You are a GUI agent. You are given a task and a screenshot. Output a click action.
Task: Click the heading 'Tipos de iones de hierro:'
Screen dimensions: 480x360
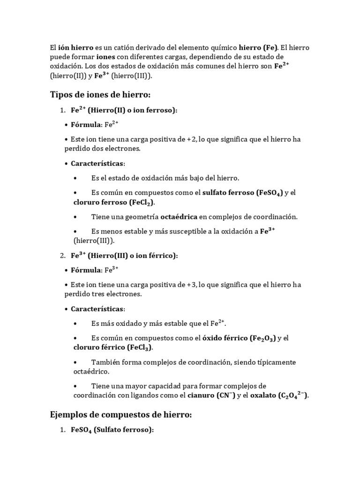pyautogui.click(x=100, y=95)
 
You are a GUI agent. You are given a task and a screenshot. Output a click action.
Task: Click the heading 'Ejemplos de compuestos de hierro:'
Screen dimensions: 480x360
pyautogui.click(x=121, y=414)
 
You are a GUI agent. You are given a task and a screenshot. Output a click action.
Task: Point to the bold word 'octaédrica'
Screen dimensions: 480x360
pyautogui.click(x=179, y=217)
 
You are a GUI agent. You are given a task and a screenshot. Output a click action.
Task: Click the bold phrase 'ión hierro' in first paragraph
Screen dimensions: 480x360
pyautogui.click(x=75, y=47)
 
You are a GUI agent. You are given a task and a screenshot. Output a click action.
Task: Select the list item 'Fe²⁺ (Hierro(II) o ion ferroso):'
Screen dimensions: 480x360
pyautogui.click(x=125, y=110)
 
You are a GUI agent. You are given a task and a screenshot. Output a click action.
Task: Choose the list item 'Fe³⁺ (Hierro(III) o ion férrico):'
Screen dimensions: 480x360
pyautogui.click(x=125, y=255)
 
